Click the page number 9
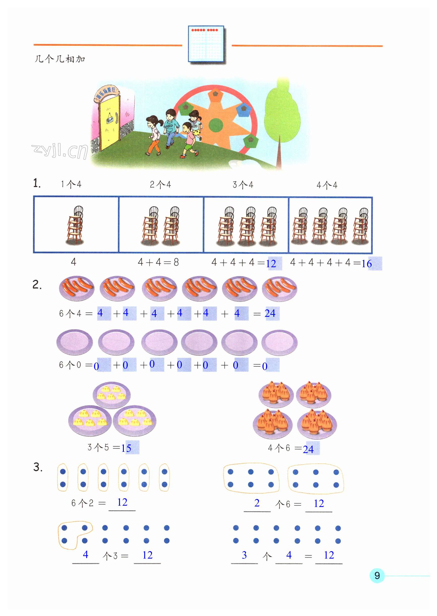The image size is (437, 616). pos(377,575)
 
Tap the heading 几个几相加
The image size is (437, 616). pos(60,59)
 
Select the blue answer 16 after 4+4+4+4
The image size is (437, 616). pos(367,264)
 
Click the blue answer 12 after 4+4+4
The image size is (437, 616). pos(271,264)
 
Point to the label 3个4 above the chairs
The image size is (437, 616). pos(243,185)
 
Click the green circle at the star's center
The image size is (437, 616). pos(216,125)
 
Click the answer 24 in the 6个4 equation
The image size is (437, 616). pos(270,313)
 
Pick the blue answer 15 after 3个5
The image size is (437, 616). pos(126,448)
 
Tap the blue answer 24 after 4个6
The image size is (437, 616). pos(308,449)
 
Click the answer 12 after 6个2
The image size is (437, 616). pos(122,502)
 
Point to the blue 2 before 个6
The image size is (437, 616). pos(257,503)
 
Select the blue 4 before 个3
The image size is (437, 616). pos(86,554)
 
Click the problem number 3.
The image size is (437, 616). pos(38,467)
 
